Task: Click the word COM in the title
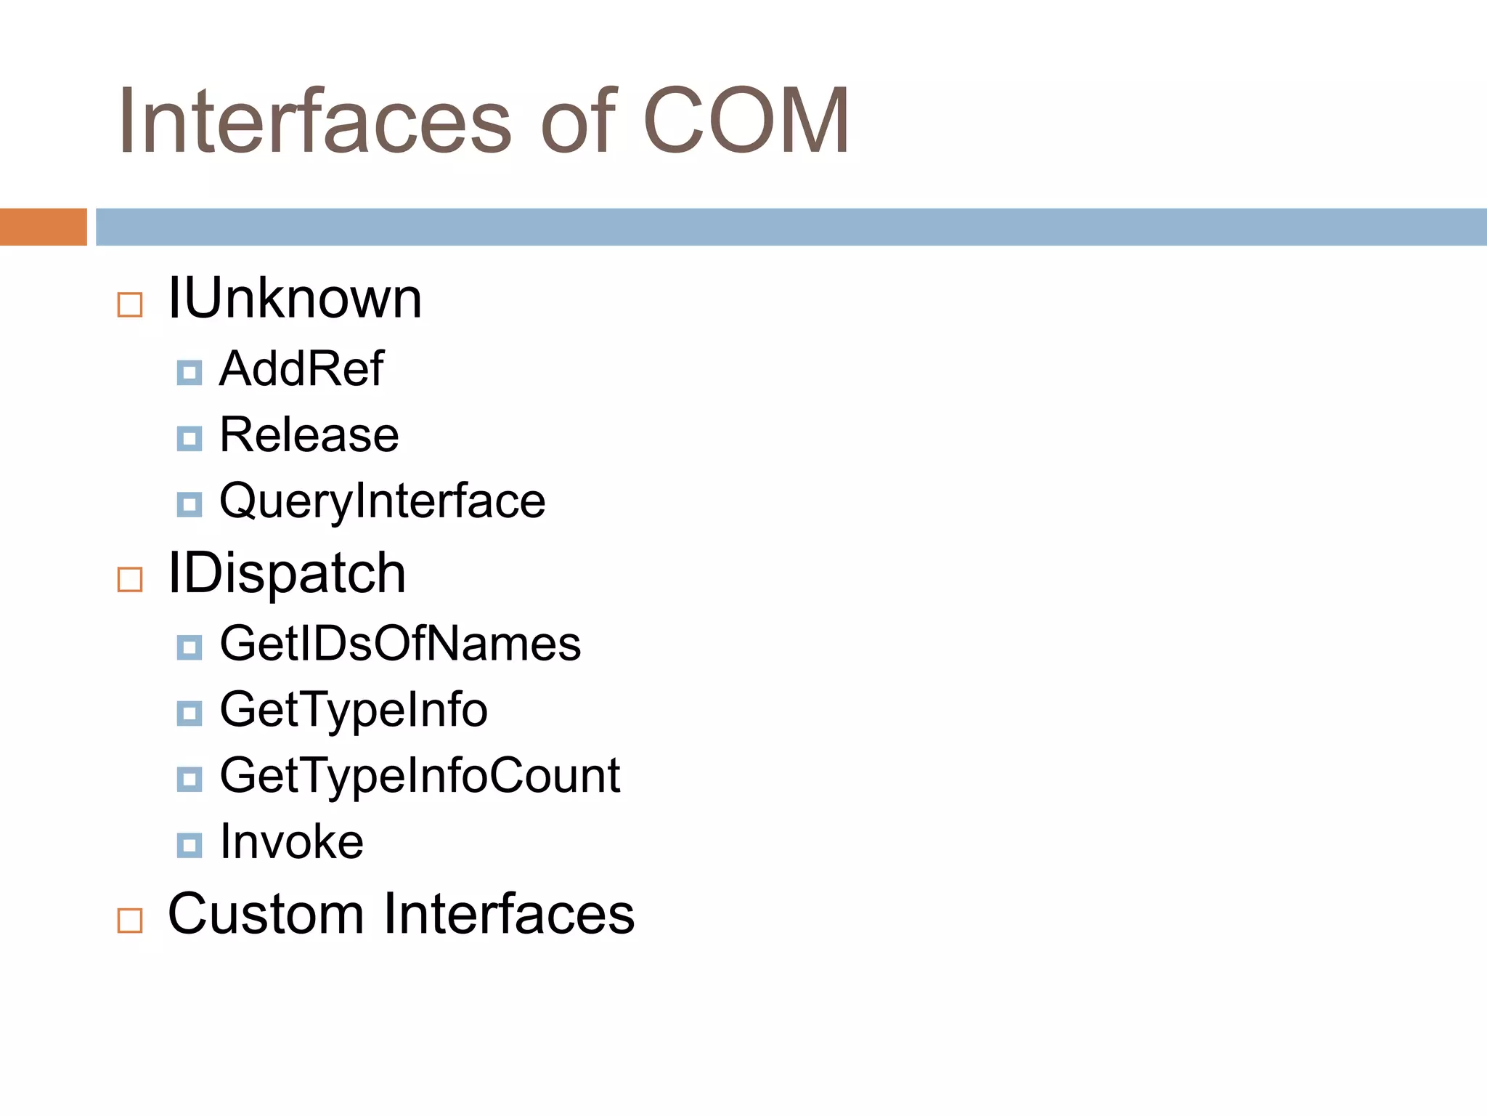(746, 121)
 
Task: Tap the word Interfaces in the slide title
(314, 121)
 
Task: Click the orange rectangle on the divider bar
(43, 227)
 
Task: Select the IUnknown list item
(294, 299)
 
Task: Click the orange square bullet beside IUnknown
(130, 304)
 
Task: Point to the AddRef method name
(301, 368)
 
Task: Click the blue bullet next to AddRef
(190, 373)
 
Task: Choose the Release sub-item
(309, 434)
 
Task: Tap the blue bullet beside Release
(190, 439)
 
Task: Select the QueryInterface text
(382, 501)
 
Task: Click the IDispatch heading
(286, 573)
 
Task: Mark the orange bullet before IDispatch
(130, 580)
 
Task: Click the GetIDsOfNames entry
(400, 644)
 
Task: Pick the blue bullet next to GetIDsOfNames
(190, 647)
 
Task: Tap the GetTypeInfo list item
(354, 710)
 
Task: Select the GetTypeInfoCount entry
(420, 776)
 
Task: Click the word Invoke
(291, 841)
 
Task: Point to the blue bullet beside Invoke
(190, 845)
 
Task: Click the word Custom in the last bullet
(266, 913)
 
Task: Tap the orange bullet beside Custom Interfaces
(130, 921)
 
